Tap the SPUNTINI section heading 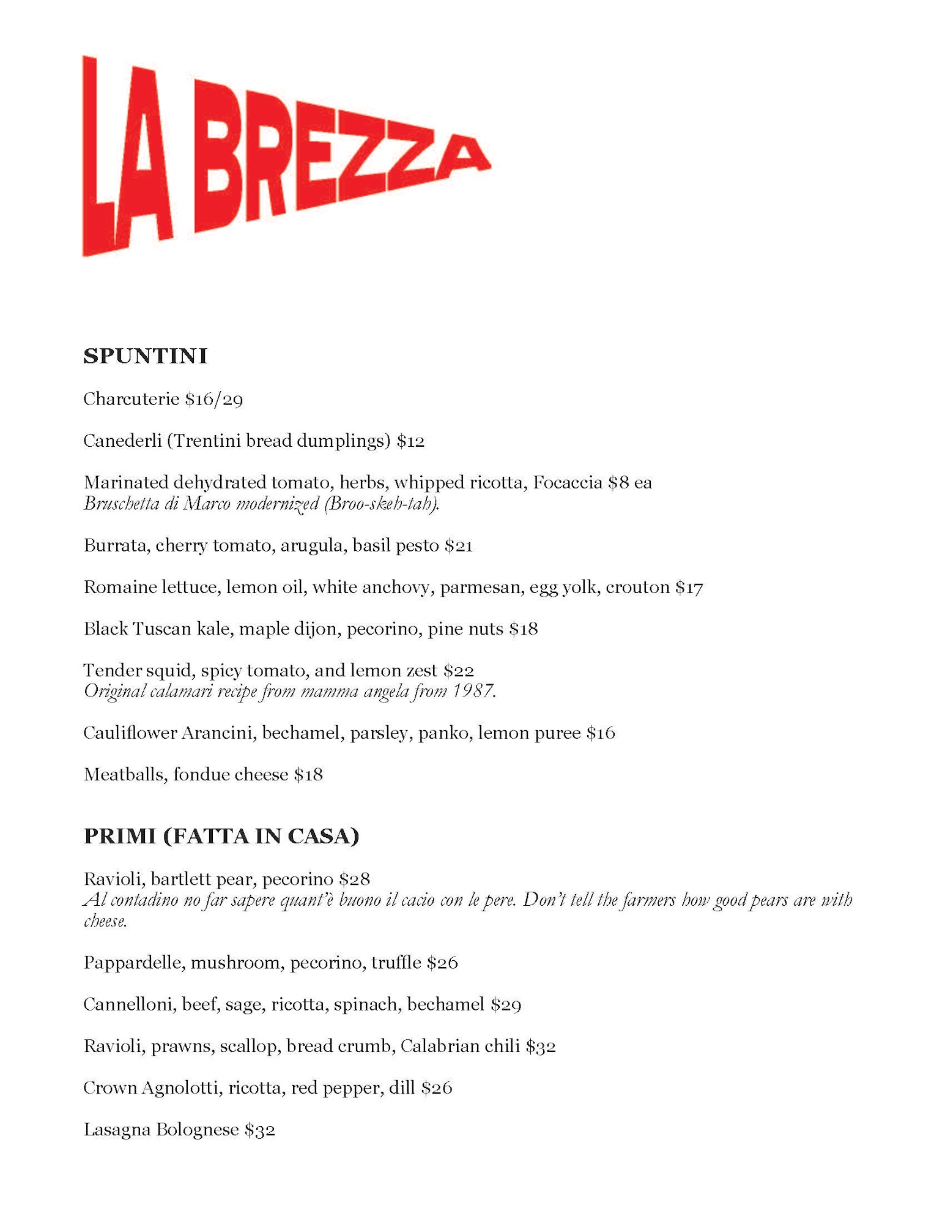point(145,356)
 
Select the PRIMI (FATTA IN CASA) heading point(221,836)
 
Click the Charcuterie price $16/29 point(214,400)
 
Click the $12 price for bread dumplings point(410,441)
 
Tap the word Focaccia point(568,482)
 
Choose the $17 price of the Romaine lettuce point(689,588)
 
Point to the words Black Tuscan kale point(158,629)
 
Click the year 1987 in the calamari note point(473,691)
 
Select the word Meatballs point(125,774)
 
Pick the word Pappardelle point(134,963)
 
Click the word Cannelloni point(129,1004)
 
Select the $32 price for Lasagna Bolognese point(259,1130)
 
